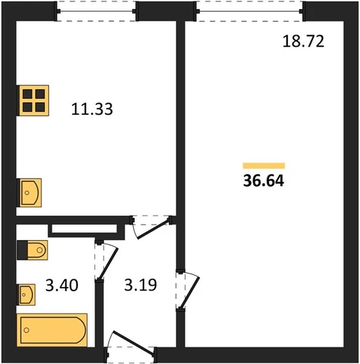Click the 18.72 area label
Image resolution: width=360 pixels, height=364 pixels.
[303, 41]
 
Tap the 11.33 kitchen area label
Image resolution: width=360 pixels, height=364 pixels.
[92, 108]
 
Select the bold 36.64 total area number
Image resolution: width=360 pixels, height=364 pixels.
[263, 181]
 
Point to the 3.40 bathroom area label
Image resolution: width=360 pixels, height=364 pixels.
[62, 285]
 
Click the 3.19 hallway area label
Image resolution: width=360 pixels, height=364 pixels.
[141, 285]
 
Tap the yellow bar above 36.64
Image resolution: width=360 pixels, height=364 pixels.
[264, 166]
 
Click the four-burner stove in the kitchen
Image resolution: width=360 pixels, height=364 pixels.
[34, 100]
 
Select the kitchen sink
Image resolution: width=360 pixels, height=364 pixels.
[30, 192]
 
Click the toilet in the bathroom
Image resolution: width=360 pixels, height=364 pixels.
[32, 250]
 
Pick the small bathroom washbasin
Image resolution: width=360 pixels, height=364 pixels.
[27, 295]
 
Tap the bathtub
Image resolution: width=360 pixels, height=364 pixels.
[52, 330]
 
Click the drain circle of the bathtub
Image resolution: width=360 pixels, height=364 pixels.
[27, 330]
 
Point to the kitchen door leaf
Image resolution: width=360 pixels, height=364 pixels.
[153, 229]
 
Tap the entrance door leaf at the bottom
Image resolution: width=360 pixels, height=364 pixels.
[134, 342]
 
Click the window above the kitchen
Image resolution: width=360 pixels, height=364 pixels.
[96, 11]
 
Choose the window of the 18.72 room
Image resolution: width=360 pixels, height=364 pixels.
[249, 11]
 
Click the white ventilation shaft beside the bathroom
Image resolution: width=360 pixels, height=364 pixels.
[84, 229]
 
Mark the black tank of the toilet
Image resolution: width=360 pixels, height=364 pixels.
[22, 250]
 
